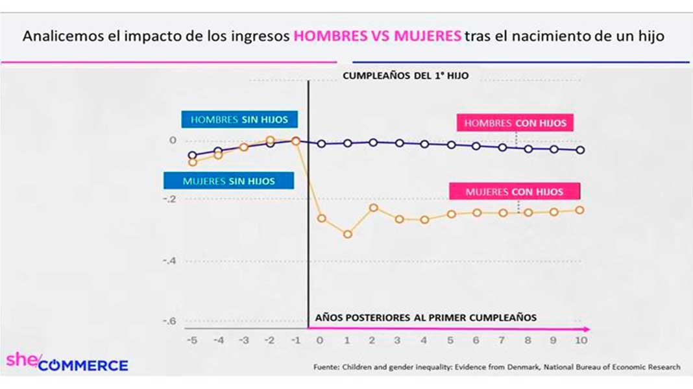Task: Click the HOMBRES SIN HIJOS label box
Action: [x=239, y=120]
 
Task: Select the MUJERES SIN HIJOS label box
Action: [x=228, y=181]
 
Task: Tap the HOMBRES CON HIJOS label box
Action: [x=515, y=123]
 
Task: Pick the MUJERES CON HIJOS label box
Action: [x=514, y=192]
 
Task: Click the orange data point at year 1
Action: [x=348, y=234]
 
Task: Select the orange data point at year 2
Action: [x=374, y=208]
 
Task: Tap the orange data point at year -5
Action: [x=192, y=162]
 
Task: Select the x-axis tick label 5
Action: [x=450, y=340]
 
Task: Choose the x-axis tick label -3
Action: [x=244, y=340]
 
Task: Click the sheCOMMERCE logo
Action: [x=67, y=362]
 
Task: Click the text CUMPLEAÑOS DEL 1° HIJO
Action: [x=406, y=76]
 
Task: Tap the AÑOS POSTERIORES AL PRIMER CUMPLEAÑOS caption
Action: [x=426, y=318]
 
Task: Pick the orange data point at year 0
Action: [x=322, y=218]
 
